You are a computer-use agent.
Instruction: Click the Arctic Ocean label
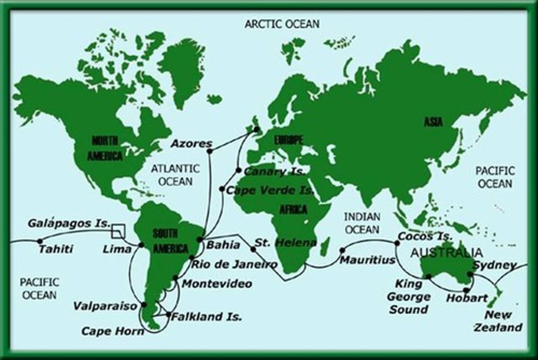tap(282, 24)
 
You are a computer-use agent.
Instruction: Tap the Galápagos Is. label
tap(69, 223)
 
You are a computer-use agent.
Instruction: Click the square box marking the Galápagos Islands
tap(118, 231)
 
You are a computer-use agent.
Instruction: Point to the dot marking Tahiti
tap(40, 241)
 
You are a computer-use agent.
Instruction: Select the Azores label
tap(191, 143)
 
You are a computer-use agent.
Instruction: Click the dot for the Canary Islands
tap(239, 170)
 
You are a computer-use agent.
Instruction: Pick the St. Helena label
tap(285, 242)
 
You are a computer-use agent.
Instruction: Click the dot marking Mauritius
tap(342, 250)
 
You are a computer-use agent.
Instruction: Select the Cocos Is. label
tap(425, 236)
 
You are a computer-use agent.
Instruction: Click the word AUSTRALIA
tap(446, 253)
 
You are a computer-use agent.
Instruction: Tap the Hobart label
tap(467, 298)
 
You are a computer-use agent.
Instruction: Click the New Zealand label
tap(498, 321)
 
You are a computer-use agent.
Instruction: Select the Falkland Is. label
tap(206, 317)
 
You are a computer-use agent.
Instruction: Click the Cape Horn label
tap(112, 331)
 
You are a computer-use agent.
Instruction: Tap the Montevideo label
tap(217, 284)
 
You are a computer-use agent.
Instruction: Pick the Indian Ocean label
tap(362, 223)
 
